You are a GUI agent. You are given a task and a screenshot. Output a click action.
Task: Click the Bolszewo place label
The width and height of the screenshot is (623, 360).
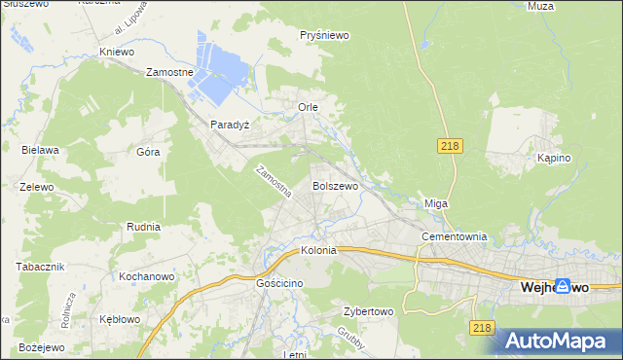point(335,185)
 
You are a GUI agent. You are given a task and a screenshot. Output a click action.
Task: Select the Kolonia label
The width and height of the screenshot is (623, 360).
point(318,250)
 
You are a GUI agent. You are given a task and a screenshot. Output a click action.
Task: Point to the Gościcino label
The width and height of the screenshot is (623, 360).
point(280,282)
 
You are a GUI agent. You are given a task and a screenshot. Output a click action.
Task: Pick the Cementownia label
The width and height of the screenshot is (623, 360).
point(453,236)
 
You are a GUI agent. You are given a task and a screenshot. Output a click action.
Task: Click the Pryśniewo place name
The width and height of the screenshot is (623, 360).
point(325,35)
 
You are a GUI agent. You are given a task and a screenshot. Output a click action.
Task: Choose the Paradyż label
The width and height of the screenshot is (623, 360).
point(231,125)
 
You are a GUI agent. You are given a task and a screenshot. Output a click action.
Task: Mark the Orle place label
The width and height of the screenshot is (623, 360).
point(308,106)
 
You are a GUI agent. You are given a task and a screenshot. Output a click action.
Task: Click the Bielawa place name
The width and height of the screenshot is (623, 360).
point(41,150)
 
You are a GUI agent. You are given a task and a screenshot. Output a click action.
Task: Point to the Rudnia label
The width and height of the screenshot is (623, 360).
point(143,226)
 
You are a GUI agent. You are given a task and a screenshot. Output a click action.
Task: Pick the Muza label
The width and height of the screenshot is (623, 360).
point(568,6)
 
